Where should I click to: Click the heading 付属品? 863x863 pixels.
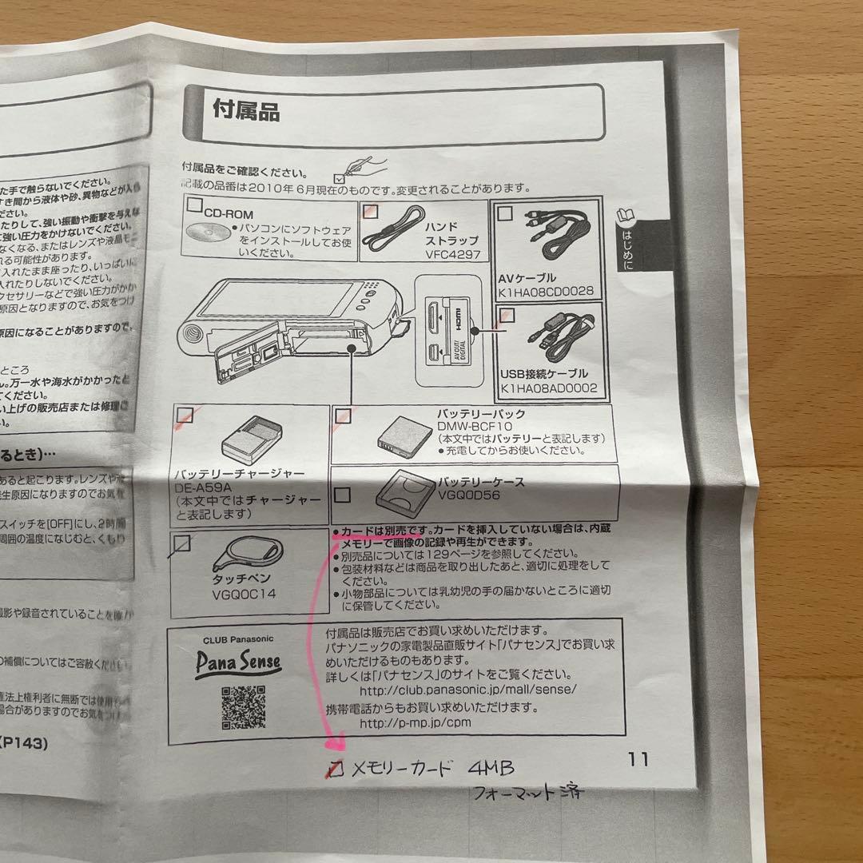[246, 110]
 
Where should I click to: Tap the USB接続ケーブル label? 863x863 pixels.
[543, 373]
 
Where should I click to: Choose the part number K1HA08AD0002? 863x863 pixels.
[549, 388]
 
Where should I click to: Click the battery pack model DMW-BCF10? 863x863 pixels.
[472, 427]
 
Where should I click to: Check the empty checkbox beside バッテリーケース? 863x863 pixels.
[342, 495]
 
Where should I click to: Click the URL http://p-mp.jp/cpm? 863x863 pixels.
[416, 722]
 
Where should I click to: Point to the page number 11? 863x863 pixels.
[638, 759]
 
